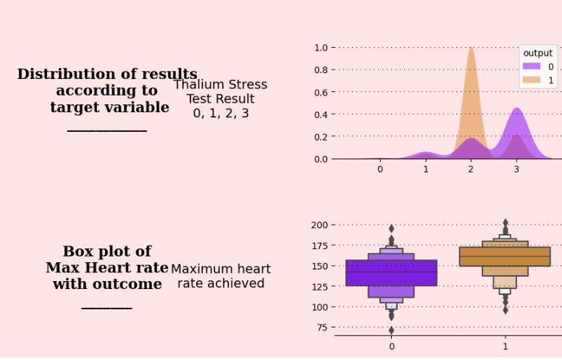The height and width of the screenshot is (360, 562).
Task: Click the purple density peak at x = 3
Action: point(516,111)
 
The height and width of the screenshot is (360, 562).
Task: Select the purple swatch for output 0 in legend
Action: point(531,67)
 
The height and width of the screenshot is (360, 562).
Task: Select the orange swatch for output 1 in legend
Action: point(531,80)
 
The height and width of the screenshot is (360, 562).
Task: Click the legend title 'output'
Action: point(537,53)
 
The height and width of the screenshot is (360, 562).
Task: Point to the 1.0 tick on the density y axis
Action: point(320,48)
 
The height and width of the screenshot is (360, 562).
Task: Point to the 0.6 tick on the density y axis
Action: point(320,92)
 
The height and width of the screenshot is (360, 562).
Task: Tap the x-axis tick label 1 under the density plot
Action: point(426,169)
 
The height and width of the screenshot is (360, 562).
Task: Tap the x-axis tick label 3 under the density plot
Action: point(516,169)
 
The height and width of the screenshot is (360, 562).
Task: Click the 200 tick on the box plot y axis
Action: point(319,225)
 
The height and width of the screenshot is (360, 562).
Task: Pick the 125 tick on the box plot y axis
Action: point(319,287)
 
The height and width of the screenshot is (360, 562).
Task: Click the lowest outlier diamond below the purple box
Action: point(392,330)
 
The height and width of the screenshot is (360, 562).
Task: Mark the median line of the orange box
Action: point(505,256)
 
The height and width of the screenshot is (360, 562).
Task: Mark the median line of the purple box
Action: point(392,272)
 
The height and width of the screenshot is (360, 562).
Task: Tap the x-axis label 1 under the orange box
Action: point(506,346)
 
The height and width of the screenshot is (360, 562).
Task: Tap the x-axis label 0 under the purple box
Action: point(392,346)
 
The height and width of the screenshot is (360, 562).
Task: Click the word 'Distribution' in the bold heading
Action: point(65,75)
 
